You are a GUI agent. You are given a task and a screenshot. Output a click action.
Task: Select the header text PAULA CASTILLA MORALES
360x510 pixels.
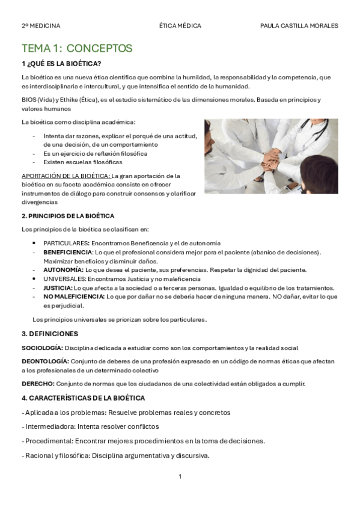click(x=299, y=26)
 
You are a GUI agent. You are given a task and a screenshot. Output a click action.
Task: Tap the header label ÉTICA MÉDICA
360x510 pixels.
click(x=180, y=26)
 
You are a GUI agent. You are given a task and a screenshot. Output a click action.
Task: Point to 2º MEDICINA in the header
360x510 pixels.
click(x=41, y=26)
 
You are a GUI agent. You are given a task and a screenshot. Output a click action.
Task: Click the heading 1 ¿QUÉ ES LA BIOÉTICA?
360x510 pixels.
click(x=61, y=63)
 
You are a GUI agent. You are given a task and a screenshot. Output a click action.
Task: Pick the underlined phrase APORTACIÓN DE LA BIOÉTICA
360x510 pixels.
click(x=66, y=176)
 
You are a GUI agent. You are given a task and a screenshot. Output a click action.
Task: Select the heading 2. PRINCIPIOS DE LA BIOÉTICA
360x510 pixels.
click(x=68, y=215)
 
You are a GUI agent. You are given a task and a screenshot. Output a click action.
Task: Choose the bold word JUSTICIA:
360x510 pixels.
click(x=57, y=288)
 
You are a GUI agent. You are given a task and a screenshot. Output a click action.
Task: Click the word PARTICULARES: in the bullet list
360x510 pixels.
click(x=66, y=243)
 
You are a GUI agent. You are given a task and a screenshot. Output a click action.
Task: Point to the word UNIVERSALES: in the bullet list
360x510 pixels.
click(x=65, y=279)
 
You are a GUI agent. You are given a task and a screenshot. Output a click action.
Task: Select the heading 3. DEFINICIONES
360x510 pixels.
click(x=50, y=334)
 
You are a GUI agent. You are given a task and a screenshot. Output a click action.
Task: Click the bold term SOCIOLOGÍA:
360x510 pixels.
click(x=42, y=348)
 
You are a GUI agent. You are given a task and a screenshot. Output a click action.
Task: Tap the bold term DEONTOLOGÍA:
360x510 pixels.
click(x=45, y=361)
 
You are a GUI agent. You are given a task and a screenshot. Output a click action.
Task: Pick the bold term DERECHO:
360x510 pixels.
click(x=38, y=384)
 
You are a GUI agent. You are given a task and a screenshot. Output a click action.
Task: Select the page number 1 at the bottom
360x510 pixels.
click(x=180, y=477)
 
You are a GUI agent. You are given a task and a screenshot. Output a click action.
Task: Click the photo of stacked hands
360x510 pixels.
click(x=271, y=156)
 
